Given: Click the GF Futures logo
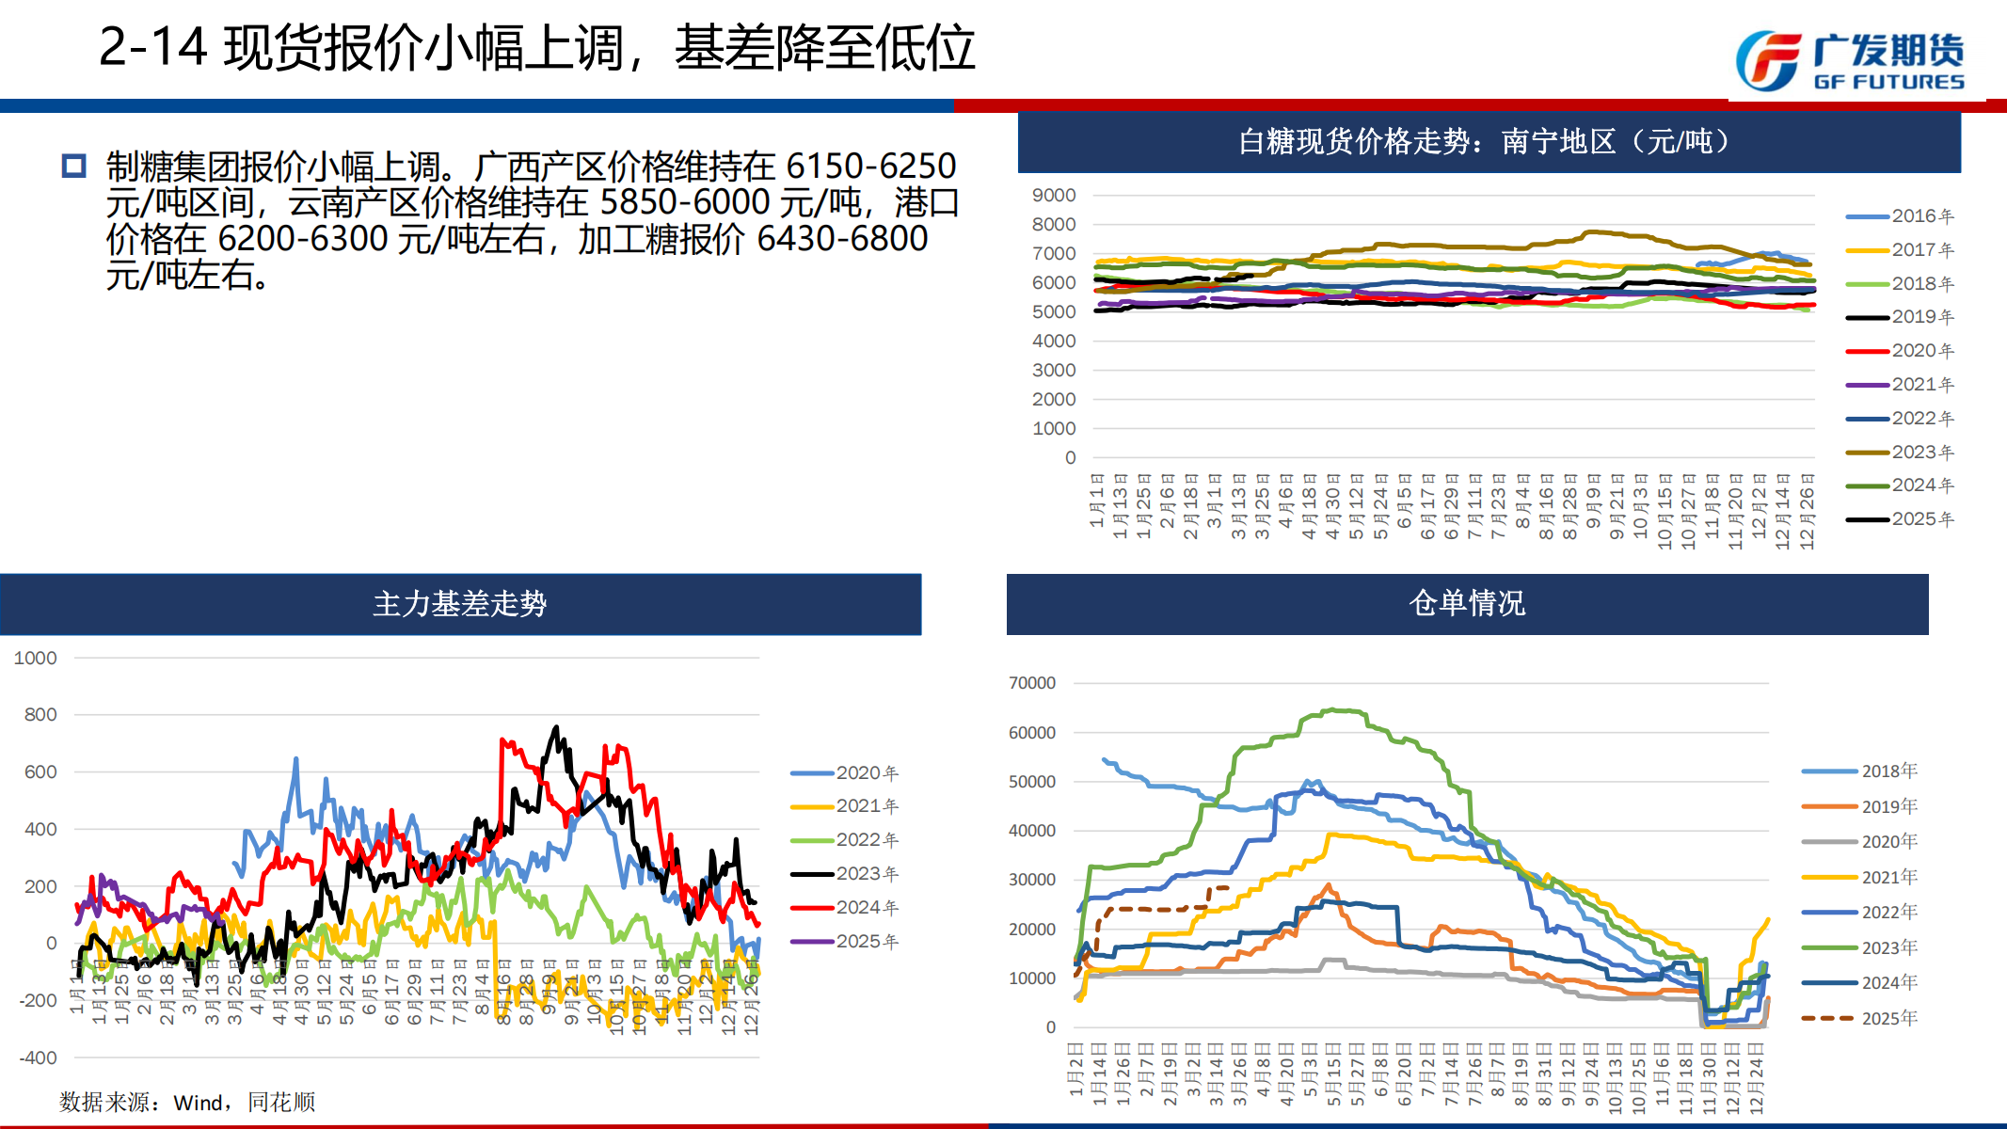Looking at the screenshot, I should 1849,61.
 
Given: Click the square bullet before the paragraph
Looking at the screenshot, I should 73,167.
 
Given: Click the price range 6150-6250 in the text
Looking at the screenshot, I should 870,167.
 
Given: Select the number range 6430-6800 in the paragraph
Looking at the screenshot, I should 842,239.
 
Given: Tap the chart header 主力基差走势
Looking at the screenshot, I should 459,604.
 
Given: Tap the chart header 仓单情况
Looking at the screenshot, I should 1467,603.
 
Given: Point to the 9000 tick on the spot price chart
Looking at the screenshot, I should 1054,196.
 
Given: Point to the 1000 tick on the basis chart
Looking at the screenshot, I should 36,659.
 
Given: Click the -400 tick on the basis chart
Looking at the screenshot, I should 38,1057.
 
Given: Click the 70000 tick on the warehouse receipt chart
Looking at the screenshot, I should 1032,683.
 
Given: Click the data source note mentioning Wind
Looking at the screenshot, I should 187,1102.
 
